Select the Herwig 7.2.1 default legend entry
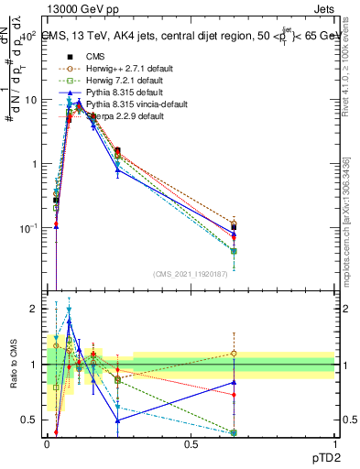(x=115, y=80)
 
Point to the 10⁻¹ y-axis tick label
(x=28, y=227)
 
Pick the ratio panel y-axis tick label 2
(x=35, y=309)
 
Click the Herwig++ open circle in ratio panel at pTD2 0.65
(x=234, y=353)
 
